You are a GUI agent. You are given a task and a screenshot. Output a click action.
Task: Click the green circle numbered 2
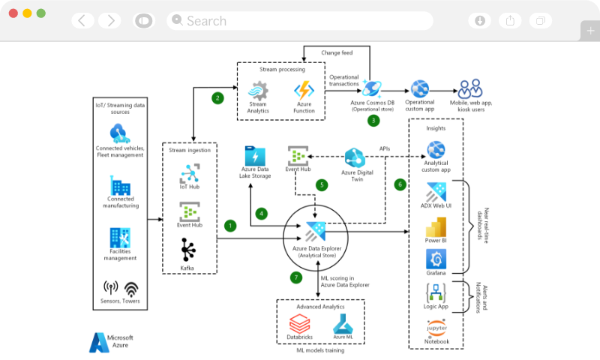pyautogui.click(x=217, y=97)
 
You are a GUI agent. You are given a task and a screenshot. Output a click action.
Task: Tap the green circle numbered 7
pyautogui.click(x=295, y=277)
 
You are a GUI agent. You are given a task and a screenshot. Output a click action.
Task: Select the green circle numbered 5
pyautogui.click(x=322, y=184)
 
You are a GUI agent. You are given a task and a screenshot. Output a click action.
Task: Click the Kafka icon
pyautogui.click(x=189, y=249)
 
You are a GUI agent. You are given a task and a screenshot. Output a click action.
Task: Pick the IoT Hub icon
pyautogui.click(x=189, y=175)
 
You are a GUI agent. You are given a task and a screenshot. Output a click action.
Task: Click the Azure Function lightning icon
pyautogui.click(x=304, y=91)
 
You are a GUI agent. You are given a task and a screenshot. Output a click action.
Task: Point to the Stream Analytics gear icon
pyautogui.click(x=258, y=91)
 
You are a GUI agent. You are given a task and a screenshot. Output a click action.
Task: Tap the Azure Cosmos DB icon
pyautogui.click(x=373, y=86)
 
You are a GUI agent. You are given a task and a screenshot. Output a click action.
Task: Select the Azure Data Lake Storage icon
pyautogui.click(x=254, y=157)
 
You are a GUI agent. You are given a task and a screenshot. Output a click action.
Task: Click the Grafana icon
pyautogui.click(x=436, y=259)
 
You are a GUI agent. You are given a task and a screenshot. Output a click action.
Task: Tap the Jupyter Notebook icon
pyautogui.click(x=436, y=327)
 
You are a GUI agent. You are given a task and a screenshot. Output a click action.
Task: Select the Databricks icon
pyautogui.click(x=300, y=324)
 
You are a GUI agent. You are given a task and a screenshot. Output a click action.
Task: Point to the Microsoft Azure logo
pyautogui.click(x=100, y=343)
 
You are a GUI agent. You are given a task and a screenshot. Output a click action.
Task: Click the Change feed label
pyautogui.click(x=337, y=52)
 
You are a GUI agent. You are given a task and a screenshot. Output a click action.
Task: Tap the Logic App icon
pyautogui.click(x=436, y=292)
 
